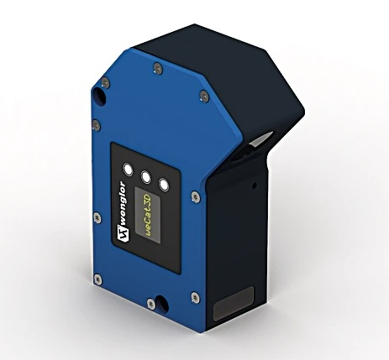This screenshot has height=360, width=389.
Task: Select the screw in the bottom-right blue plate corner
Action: (x=195, y=295)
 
